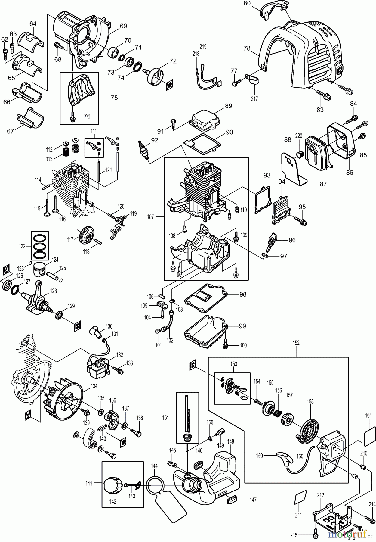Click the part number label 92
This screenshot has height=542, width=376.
154,140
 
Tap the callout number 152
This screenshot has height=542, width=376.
296,343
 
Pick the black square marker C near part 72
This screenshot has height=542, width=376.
169,85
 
